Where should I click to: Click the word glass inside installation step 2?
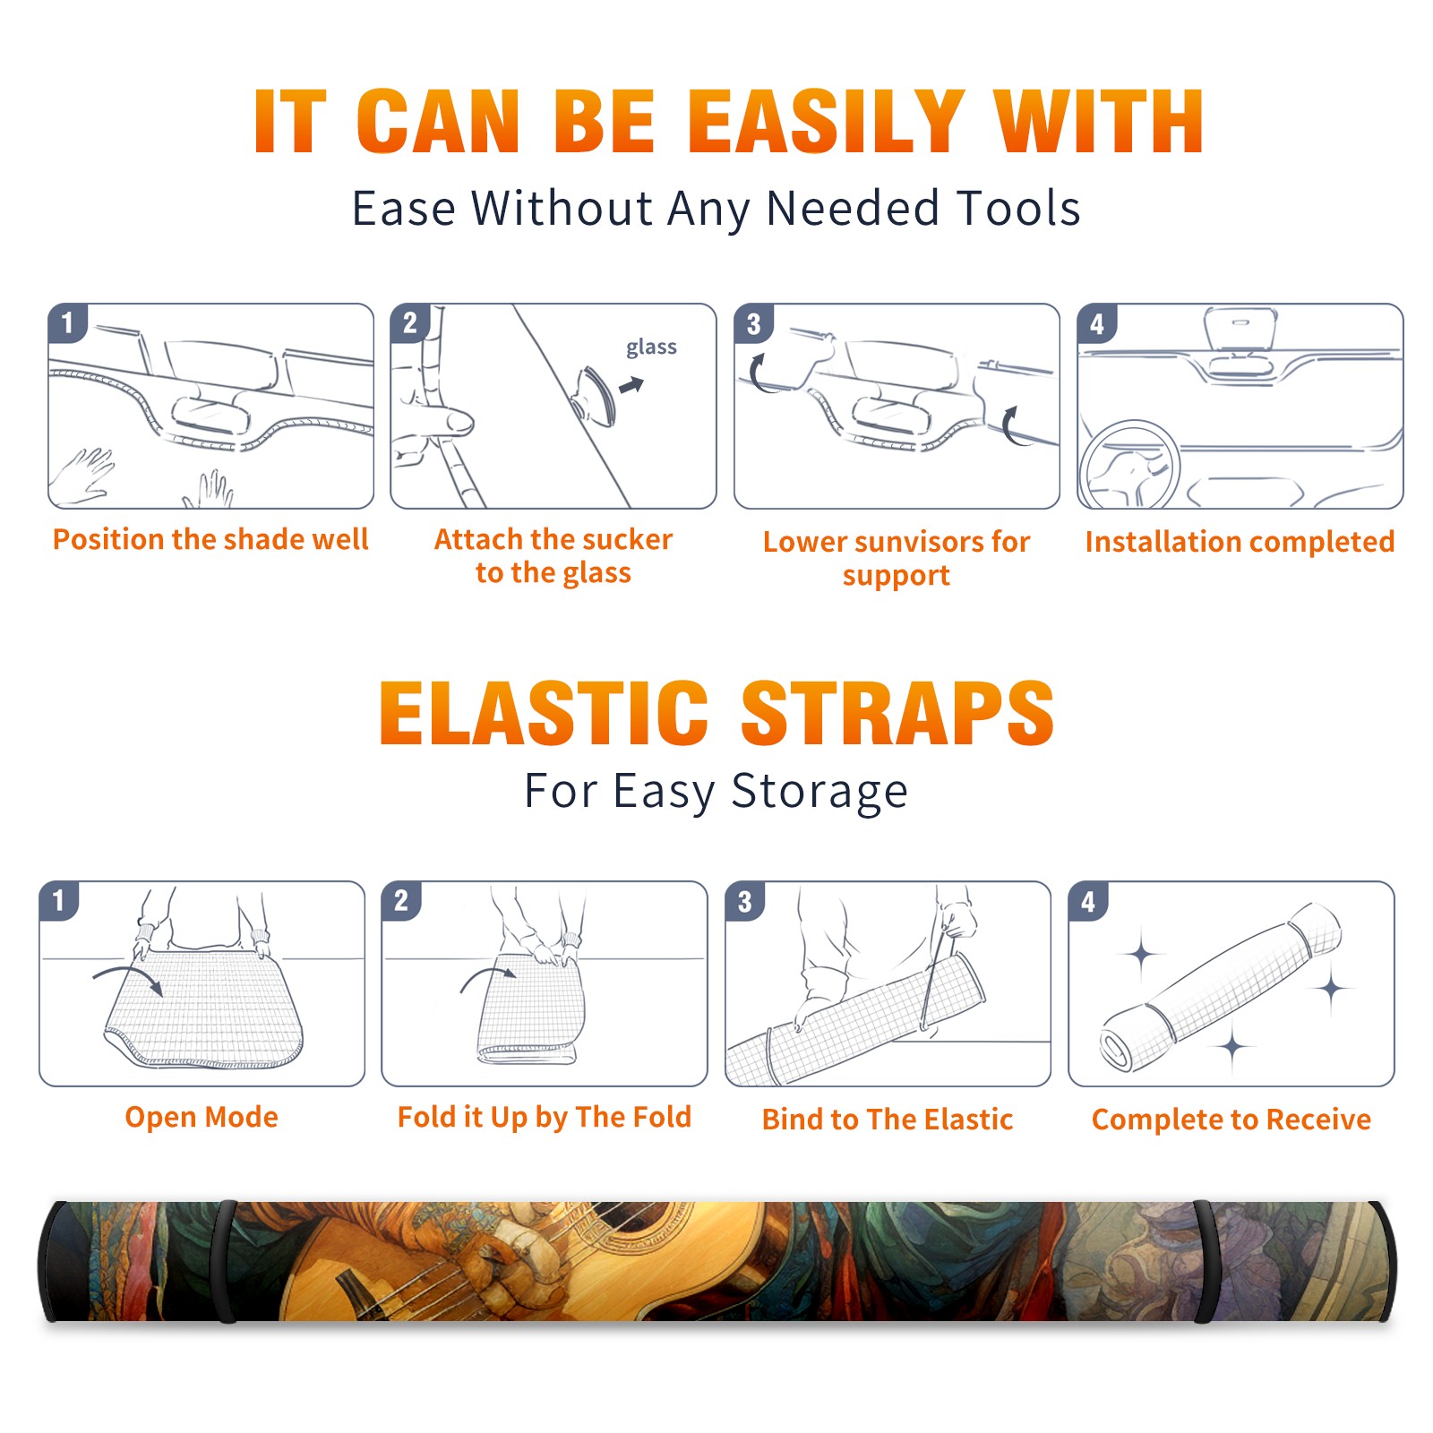pos(651,348)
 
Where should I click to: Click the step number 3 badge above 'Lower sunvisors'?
pos(753,323)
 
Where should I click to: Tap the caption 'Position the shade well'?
pos(210,539)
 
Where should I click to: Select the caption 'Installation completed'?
pos(1240,542)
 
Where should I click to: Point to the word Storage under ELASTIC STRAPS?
pos(819,792)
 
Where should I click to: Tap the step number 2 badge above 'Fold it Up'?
pos(401,900)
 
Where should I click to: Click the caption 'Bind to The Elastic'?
pos(888,1120)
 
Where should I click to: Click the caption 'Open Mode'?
pos(202,1118)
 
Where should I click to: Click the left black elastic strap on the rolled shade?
pos(224,1262)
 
